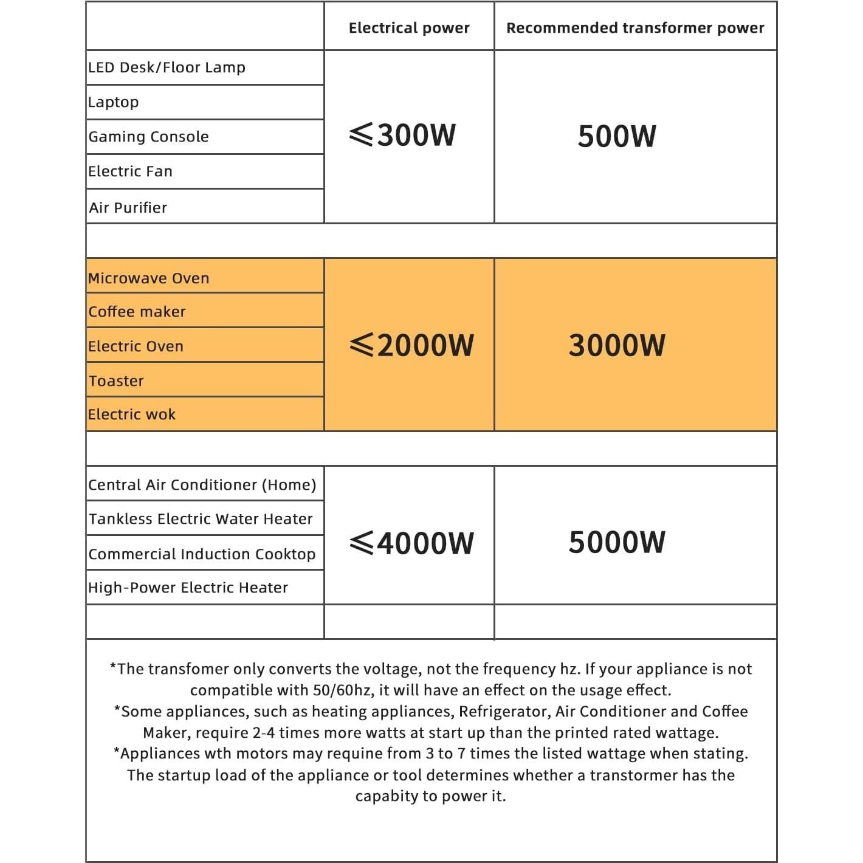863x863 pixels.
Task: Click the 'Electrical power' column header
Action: (x=409, y=28)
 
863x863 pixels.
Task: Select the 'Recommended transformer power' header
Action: (x=635, y=28)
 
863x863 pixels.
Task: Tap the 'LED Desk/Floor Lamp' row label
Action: (x=167, y=67)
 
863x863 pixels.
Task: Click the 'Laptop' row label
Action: (x=114, y=102)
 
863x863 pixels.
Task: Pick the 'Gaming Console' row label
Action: (x=148, y=137)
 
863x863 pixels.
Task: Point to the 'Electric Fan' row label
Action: (x=130, y=171)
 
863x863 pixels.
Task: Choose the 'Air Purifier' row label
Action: (x=128, y=208)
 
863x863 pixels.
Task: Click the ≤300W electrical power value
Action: (x=403, y=135)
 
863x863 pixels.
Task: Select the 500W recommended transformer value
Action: (x=617, y=136)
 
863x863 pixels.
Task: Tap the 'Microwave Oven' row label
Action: (x=148, y=278)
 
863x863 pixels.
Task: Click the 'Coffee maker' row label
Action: (x=137, y=312)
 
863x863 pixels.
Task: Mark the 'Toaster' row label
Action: (x=116, y=381)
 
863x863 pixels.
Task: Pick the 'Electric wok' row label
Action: (x=131, y=414)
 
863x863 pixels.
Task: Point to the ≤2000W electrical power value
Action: (x=411, y=345)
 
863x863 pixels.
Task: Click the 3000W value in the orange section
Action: (x=617, y=345)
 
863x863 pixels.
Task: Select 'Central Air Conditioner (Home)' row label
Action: (x=202, y=485)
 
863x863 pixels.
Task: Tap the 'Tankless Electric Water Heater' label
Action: (x=201, y=519)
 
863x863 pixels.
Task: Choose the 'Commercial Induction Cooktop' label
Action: (x=202, y=554)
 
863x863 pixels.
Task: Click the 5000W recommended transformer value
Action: (x=617, y=542)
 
